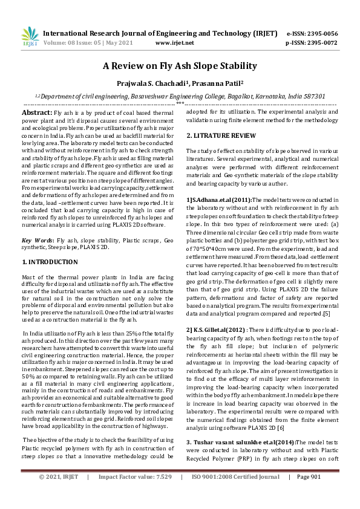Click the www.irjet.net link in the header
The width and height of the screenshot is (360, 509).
175,43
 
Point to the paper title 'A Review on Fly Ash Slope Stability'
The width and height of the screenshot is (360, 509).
180,66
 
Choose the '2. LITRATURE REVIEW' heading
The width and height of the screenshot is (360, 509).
221,135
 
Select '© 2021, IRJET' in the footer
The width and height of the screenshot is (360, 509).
59,494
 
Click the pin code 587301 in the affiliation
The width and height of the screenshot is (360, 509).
313,96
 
